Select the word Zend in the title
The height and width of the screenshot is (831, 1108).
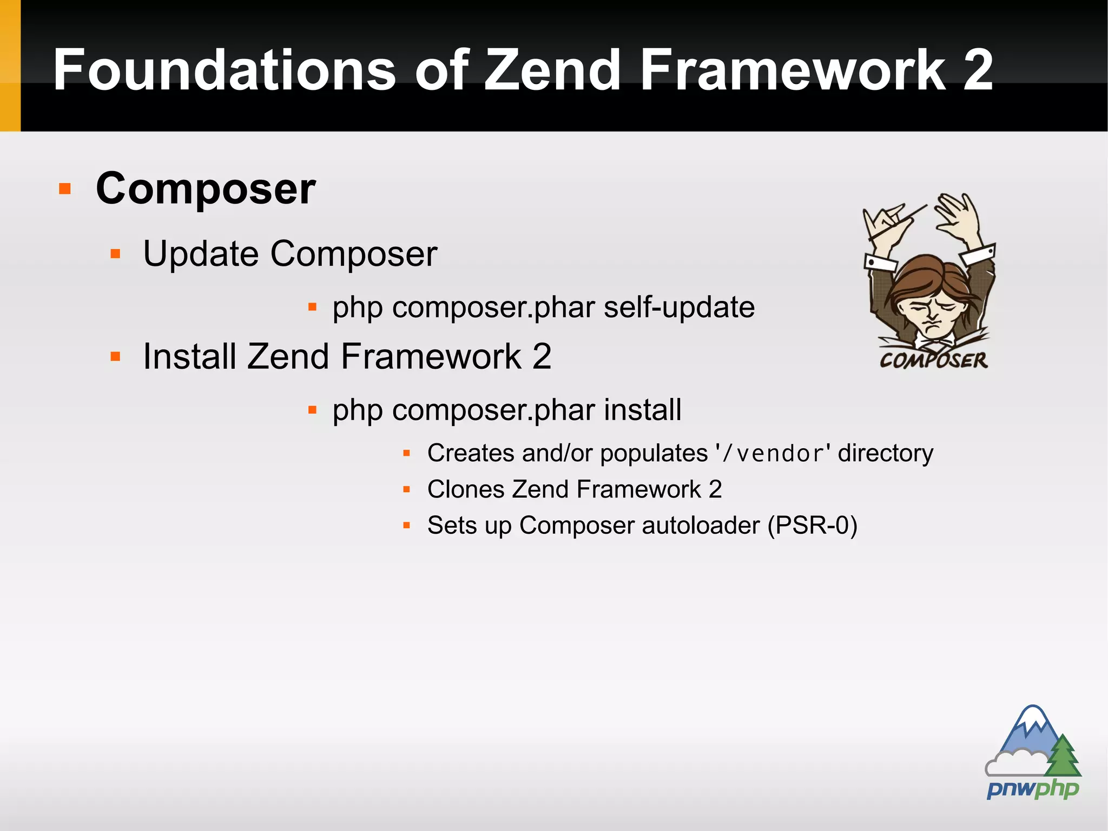tap(551, 70)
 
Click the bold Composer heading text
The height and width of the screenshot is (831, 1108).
tap(206, 188)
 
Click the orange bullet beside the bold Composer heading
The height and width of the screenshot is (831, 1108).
tap(65, 189)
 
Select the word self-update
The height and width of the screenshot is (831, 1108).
tap(679, 307)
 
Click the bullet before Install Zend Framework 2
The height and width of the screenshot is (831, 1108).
tap(115, 356)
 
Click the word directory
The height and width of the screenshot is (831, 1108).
tap(885, 453)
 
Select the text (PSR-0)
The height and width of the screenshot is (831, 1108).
tap(812, 526)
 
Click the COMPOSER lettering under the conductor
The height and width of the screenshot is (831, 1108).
tap(933, 360)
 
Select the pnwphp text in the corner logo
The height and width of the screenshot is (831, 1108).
tap(1032, 789)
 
